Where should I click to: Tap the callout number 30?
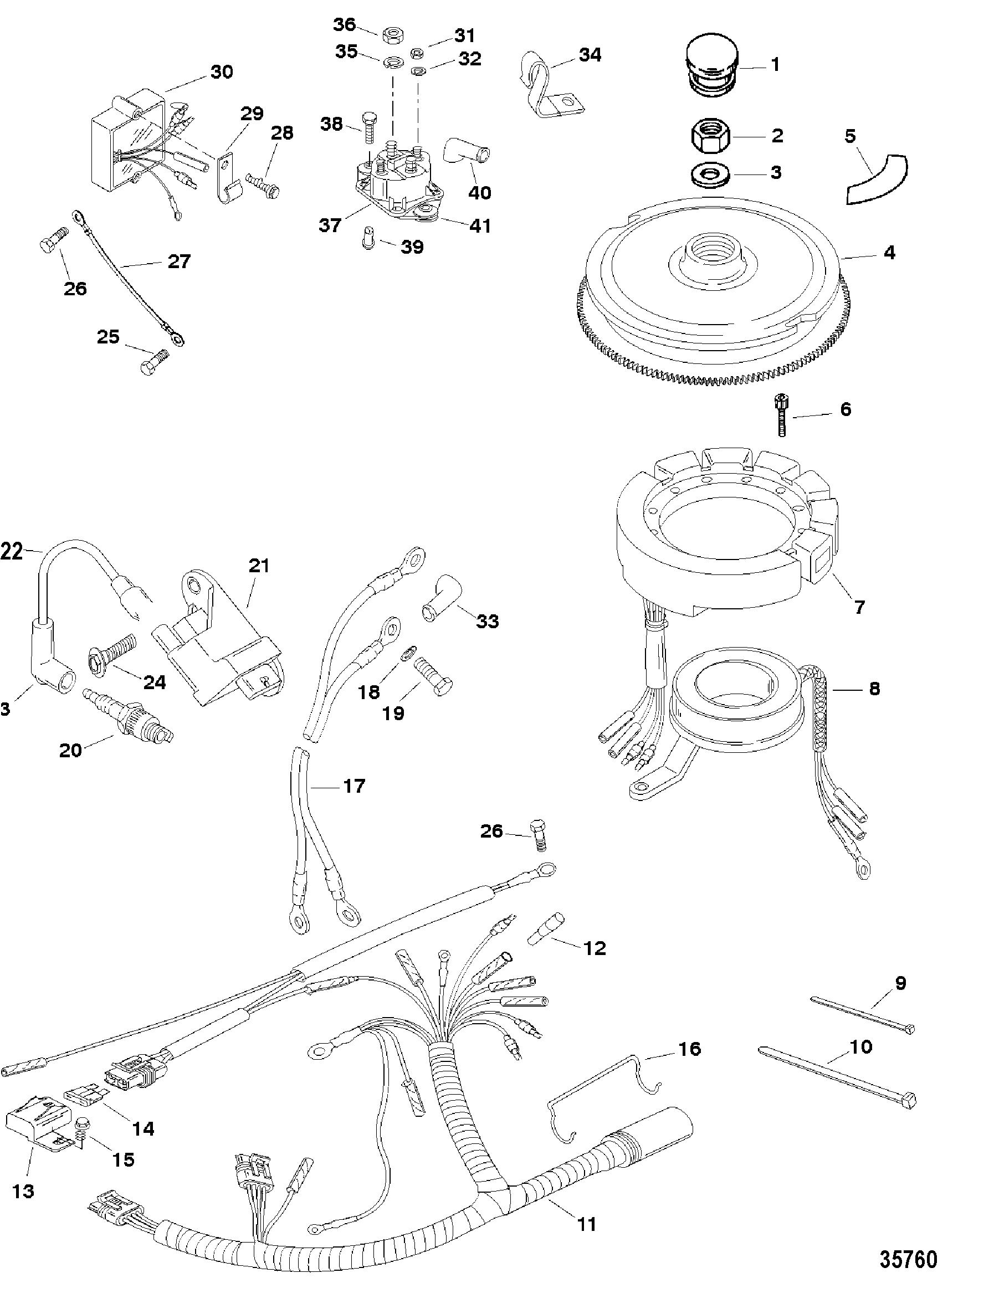222,72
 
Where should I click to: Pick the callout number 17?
354,786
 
